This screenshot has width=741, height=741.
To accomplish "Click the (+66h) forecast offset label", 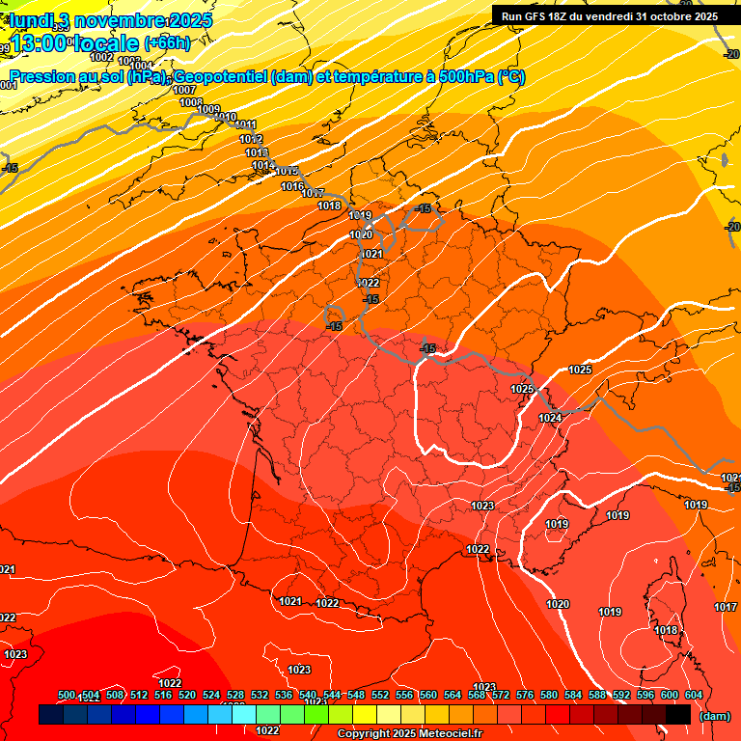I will pos(167,42).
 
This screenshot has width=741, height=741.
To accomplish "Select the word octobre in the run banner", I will pos(682,15).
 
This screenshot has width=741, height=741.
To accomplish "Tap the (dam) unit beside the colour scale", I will pos(713,715).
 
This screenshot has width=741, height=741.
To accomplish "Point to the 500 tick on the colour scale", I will pos(67,696).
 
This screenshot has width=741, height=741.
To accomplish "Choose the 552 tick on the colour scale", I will pos(380,696).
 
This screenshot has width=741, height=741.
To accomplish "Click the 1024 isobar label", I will pos(550,418).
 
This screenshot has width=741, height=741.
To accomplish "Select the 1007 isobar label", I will pos(184,90).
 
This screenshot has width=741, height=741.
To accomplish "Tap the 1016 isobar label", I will pos(292,186).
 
